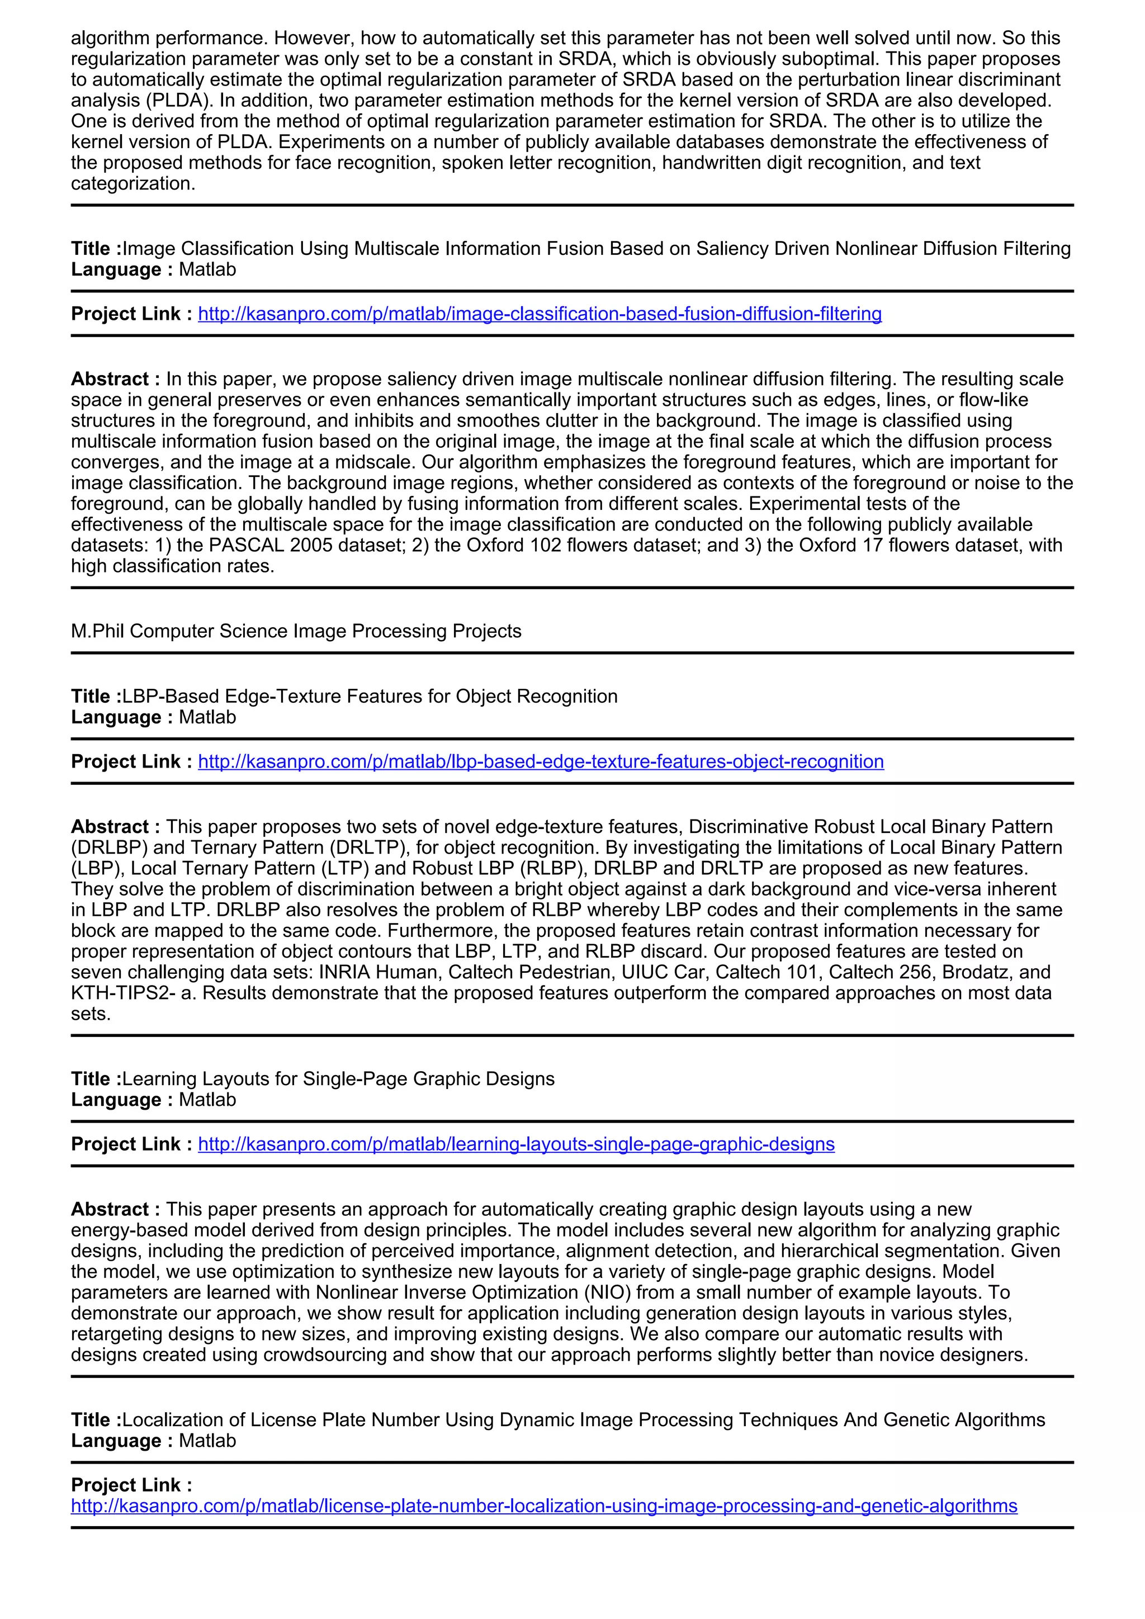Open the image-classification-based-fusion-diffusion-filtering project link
pos(540,314)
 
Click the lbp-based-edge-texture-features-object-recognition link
pos(541,761)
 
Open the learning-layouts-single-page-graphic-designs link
pos(516,1144)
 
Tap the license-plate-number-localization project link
pos(543,1506)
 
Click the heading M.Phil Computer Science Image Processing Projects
pos(296,631)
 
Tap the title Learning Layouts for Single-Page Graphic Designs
pos(338,1079)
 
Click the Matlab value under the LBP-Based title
pos(207,717)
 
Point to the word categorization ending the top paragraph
pos(133,183)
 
